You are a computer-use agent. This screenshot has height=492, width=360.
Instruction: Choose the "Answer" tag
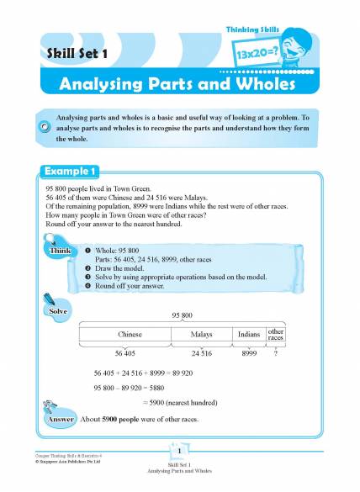coord(61,418)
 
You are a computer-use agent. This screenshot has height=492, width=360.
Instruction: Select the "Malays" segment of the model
coord(201,334)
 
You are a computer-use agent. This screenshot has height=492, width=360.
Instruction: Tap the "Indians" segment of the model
coord(249,334)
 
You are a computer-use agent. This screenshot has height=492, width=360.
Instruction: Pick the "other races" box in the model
coord(276,334)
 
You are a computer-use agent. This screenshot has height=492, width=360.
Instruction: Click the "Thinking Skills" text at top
coord(253,30)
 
